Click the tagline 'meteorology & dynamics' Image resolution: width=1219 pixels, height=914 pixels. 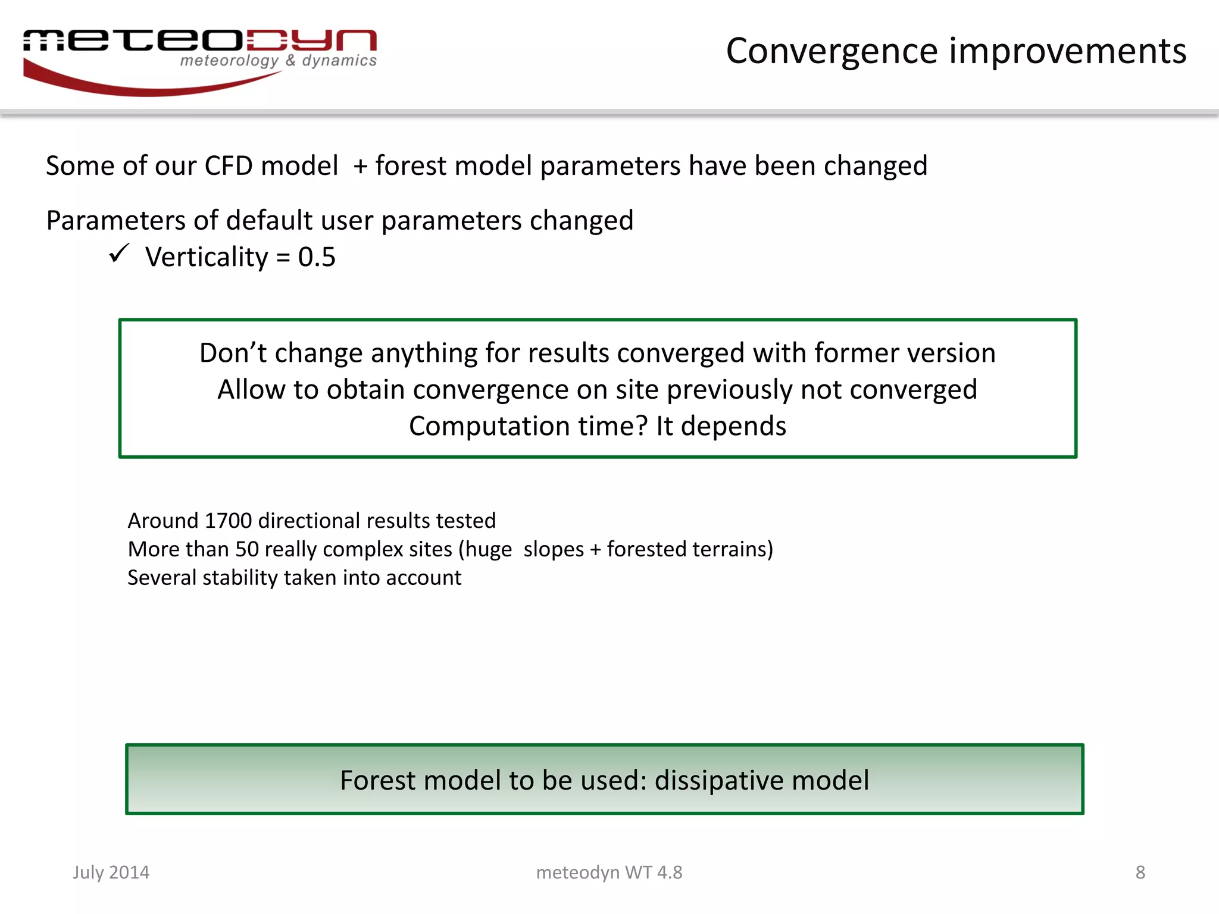[278, 61]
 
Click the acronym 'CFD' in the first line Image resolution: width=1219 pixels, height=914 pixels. [228, 166]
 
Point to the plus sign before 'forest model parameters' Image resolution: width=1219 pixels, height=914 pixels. [360, 167]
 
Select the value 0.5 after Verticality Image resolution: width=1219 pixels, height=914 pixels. [317, 257]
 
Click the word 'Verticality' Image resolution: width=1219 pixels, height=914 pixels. [207, 257]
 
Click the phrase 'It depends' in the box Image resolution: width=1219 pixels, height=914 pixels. [721, 426]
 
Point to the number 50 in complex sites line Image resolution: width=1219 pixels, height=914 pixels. [247, 549]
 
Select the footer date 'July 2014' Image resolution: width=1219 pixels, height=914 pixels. [111, 872]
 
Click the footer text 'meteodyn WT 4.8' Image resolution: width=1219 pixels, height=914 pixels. [609, 872]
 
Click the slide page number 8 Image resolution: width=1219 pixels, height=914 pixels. [1140, 872]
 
